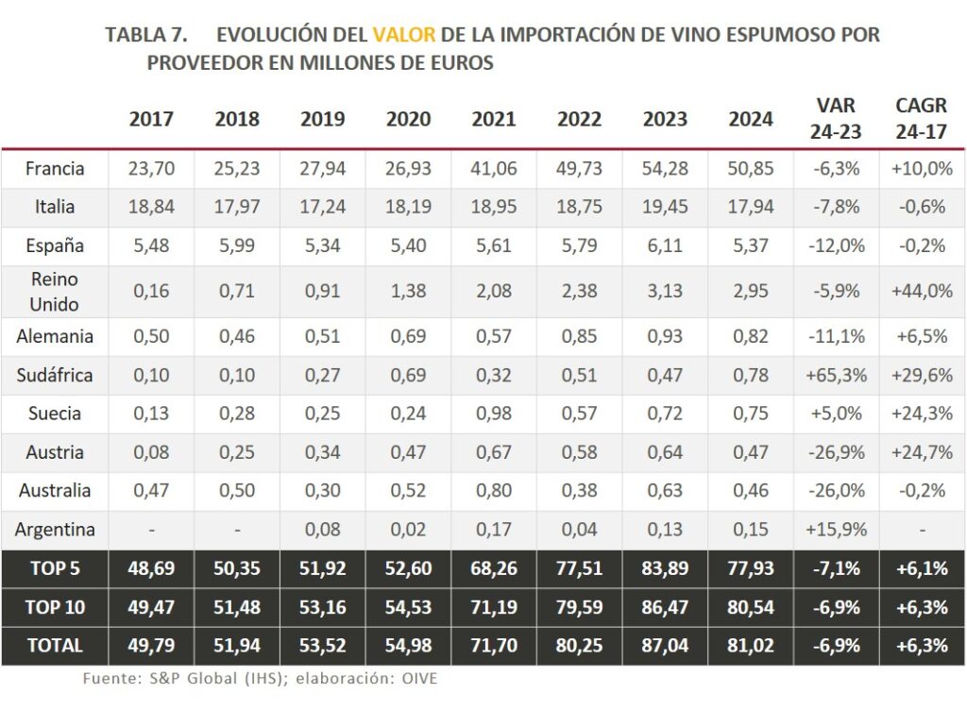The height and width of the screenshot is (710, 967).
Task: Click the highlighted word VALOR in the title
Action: tap(404, 35)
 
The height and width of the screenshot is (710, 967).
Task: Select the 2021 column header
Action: tap(494, 119)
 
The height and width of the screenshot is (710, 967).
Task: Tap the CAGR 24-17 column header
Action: tap(921, 119)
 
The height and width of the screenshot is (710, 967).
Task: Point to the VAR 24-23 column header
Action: tap(836, 119)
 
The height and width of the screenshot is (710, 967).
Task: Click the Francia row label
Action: tap(55, 169)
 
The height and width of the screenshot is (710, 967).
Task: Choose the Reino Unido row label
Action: tap(55, 292)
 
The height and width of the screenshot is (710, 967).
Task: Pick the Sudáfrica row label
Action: tap(55, 375)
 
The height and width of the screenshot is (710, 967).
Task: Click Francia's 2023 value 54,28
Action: tap(665, 169)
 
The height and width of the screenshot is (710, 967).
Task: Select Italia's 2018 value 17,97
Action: tap(237, 207)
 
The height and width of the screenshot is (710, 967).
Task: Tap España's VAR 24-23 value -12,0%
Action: tap(836, 245)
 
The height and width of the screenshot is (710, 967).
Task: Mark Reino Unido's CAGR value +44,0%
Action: tap(922, 292)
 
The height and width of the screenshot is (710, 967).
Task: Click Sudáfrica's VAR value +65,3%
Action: tap(836, 375)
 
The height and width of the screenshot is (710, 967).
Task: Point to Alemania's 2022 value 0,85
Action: tap(579, 337)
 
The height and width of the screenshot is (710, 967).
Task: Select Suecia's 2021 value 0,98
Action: tap(494, 414)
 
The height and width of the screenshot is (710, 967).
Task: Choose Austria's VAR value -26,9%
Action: tap(836, 452)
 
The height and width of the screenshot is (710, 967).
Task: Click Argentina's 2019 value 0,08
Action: tap(323, 530)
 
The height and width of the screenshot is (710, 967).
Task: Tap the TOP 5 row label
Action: tap(55, 568)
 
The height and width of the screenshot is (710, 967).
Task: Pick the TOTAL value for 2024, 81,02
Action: tap(751, 646)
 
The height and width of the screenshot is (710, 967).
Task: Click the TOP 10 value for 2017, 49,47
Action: tap(151, 607)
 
